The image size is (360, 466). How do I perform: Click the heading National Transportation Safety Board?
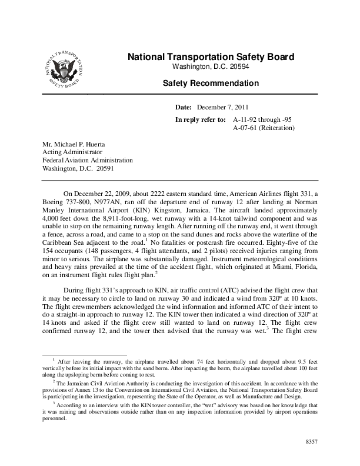pos(211,57)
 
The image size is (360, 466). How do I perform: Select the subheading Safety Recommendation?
pos(211,84)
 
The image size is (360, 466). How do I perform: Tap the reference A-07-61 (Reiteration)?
pos(263,127)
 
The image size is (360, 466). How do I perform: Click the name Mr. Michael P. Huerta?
pos(75,143)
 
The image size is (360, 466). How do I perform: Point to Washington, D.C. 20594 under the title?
pos(211,66)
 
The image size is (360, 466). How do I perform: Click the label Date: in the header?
pos(184,108)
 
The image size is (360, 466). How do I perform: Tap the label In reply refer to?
pos(201,119)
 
